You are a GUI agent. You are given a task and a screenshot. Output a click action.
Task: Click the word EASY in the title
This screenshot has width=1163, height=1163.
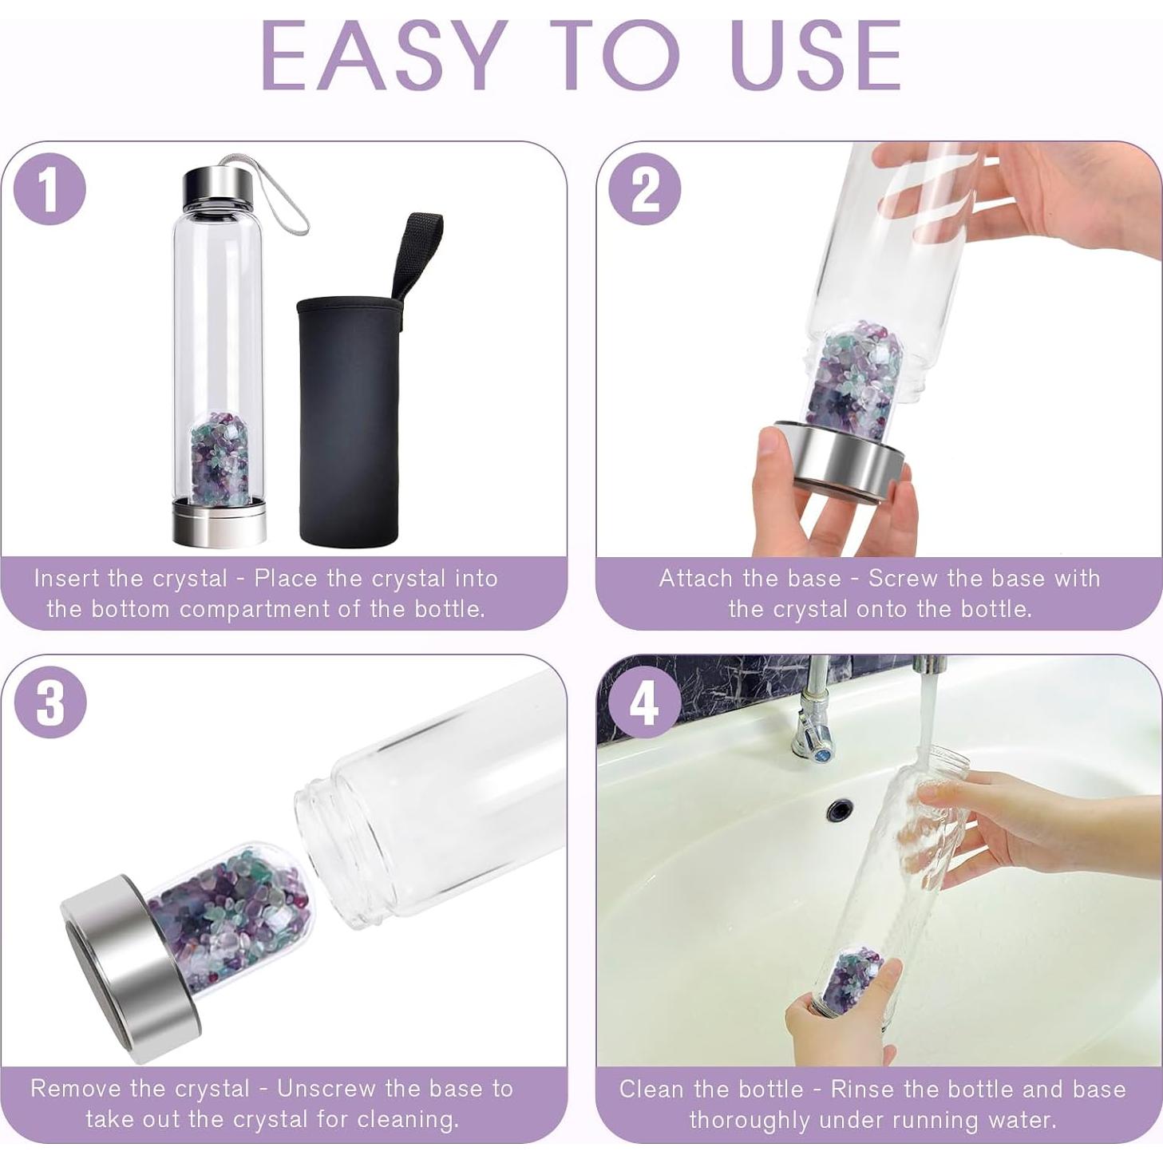[x=382, y=64]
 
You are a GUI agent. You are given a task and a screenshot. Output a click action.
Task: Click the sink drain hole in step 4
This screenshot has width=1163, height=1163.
[x=840, y=805]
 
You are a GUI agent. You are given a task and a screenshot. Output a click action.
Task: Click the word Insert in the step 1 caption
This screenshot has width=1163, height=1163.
[x=66, y=578]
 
